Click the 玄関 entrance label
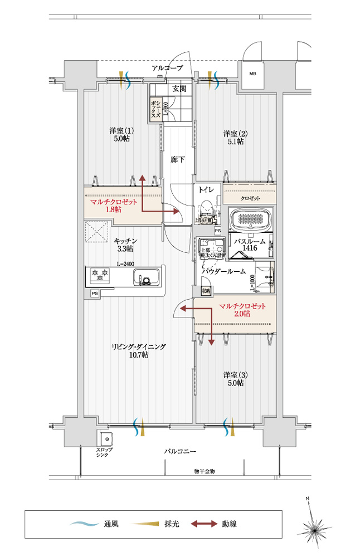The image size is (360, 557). tap(179, 89)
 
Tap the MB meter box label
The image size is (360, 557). tap(252, 74)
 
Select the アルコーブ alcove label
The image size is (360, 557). tap(167, 68)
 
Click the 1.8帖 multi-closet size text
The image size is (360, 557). tap(114, 209)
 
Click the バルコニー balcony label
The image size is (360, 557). tap(180, 450)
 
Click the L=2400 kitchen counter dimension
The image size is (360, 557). tap(125, 264)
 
